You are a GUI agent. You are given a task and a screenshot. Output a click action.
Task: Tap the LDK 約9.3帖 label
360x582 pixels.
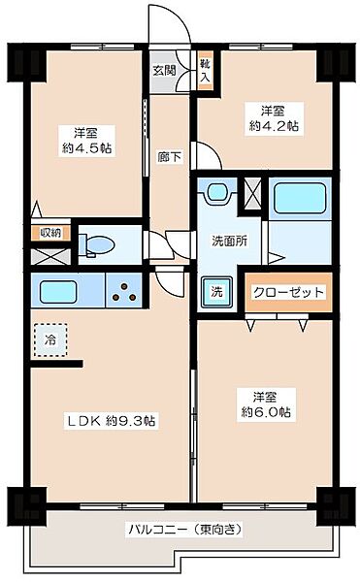click(x=113, y=420)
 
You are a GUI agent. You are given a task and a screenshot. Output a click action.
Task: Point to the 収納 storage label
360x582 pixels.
click(x=50, y=233)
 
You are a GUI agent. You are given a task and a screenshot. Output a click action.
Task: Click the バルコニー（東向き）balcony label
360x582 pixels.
click(x=183, y=530)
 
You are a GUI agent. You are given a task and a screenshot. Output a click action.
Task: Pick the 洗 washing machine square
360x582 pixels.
click(x=214, y=290)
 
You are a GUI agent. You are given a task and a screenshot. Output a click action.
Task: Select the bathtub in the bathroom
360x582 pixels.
click(x=298, y=199)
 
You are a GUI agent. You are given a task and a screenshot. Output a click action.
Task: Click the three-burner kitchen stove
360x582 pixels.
click(x=123, y=290)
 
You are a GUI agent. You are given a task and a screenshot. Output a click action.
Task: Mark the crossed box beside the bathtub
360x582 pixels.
click(x=254, y=195)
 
